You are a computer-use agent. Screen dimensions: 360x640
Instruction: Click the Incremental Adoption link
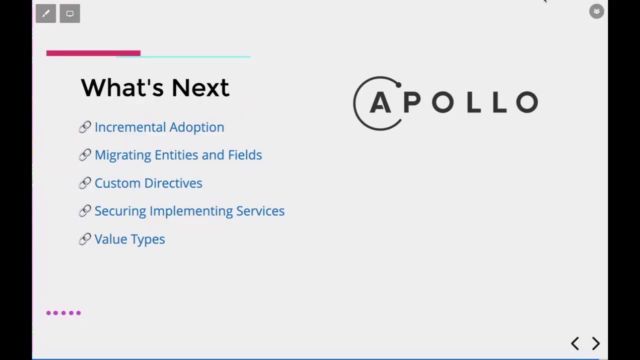tap(159, 127)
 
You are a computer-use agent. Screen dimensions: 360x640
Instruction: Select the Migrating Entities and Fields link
tap(178, 155)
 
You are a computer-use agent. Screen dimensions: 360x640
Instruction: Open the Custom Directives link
tap(148, 183)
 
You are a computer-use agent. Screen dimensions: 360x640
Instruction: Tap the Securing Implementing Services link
tap(189, 211)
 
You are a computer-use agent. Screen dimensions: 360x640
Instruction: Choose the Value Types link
tap(129, 239)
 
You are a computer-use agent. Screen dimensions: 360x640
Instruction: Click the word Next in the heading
tap(200, 88)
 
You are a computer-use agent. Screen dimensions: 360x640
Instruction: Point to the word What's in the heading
tap(122, 88)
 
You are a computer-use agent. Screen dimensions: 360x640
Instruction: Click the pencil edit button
tap(45, 13)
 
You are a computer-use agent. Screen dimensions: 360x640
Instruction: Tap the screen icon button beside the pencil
tap(70, 13)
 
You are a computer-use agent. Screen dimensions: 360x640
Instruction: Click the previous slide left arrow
tap(575, 343)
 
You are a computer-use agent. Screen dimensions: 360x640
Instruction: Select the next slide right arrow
tap(596, 343)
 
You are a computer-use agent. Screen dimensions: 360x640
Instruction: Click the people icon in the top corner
tap(596, 11)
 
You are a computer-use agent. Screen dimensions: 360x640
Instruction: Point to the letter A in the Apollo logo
tap(380, 103)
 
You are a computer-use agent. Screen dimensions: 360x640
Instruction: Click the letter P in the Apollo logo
tap(411, 102)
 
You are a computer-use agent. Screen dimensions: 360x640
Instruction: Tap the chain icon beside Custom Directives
tap(84, 183)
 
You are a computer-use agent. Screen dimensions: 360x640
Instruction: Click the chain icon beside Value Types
tap(84, 239)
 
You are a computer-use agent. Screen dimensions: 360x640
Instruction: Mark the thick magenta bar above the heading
tap(93, 53)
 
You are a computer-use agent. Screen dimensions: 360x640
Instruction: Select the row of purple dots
tap(63, 313)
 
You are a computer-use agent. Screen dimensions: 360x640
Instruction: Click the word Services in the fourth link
tap(260, 211)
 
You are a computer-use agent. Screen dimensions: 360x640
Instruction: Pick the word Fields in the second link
tap(245, 155)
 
